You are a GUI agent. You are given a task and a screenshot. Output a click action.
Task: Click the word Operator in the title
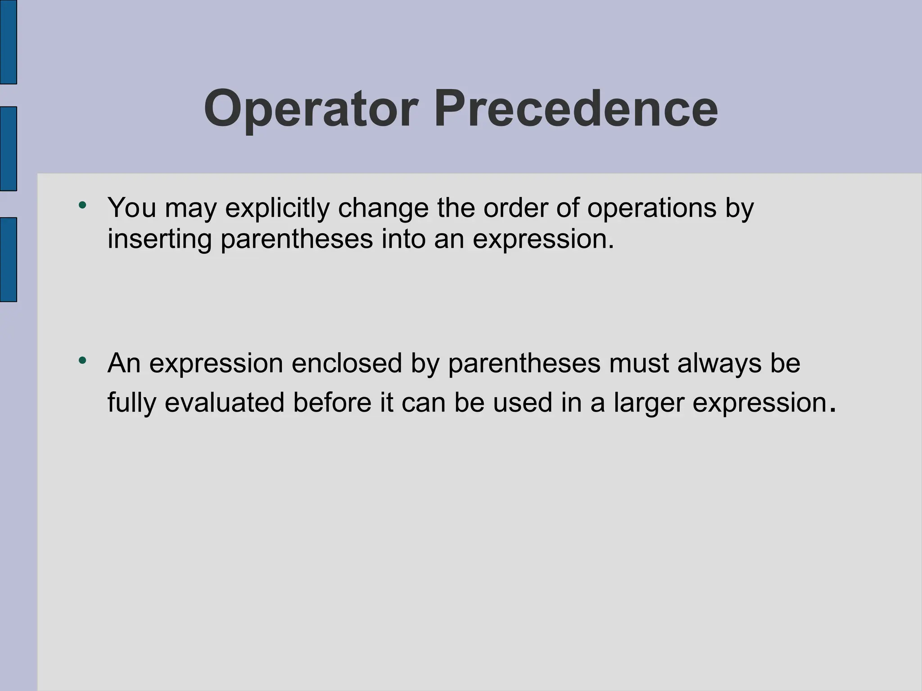coord(311,109)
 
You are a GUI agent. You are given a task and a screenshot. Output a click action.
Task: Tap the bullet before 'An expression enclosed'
coord(82,361)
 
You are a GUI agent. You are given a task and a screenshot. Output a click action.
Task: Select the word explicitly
coord(277,208)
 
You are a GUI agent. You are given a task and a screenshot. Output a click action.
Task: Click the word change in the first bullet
coord(383,208)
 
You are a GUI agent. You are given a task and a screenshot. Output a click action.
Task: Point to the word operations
coord(651,208)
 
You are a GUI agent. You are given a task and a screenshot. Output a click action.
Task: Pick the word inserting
coord(159,238)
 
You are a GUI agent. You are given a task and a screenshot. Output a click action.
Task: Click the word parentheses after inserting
coord(297,239)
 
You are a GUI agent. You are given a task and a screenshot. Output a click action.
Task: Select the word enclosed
coord(346,363)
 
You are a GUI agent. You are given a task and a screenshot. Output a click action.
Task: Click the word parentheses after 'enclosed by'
coord(524,364)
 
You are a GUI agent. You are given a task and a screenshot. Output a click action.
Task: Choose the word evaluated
coord(224,402)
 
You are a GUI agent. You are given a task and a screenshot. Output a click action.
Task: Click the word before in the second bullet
coord(332,402)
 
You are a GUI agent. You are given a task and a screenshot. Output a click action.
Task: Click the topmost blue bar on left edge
coord(8,42)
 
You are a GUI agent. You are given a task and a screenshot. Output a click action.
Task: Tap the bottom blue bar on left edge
coord(8,259)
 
